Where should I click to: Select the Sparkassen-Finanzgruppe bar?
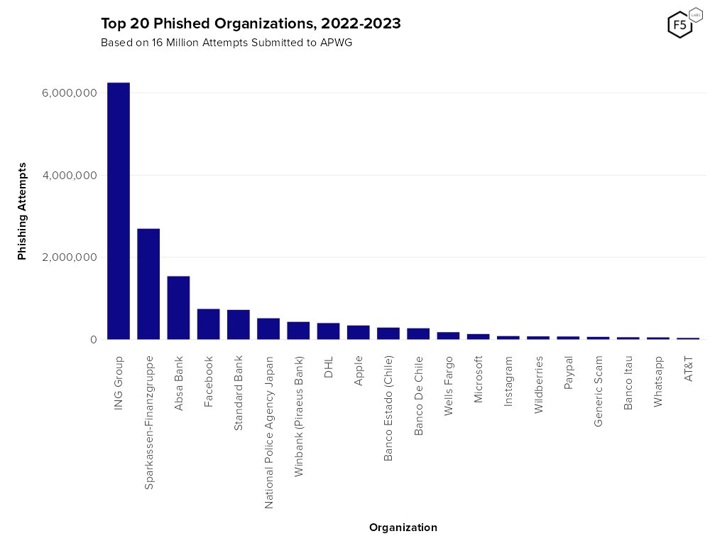148,284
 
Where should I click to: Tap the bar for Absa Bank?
178,308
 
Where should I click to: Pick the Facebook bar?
208,324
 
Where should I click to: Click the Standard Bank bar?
239,325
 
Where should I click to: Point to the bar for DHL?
328,331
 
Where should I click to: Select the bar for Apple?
358,333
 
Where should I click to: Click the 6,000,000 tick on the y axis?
70,93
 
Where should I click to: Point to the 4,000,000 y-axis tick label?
70,176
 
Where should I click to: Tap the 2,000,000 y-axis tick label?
70,257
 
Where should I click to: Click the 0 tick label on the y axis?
93,340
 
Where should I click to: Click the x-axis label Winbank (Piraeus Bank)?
299,416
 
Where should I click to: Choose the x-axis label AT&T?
688,369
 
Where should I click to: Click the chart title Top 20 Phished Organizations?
251,23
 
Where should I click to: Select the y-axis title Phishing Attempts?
22,211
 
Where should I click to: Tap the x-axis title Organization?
403,528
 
